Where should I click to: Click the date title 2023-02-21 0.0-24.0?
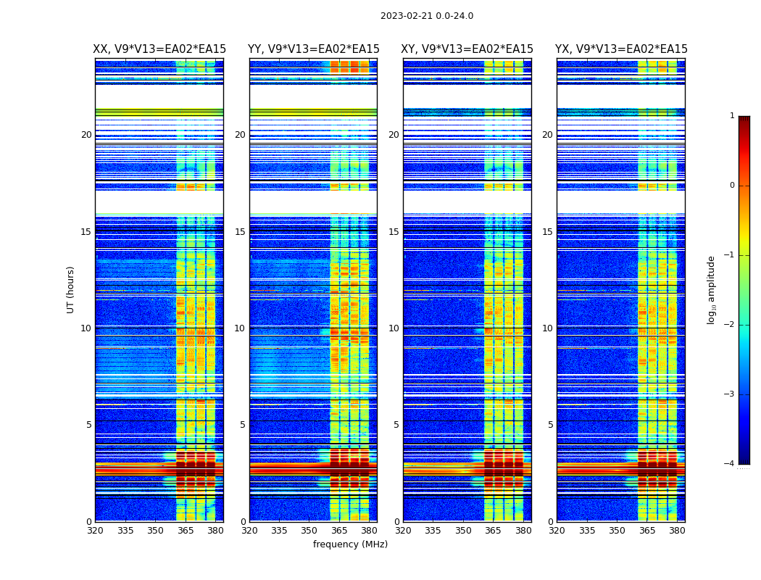[x=427, y=16]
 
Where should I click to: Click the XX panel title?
[x=159, y=49]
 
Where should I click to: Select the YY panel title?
[x=313, y=49]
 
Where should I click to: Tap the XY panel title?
[x=467, y=49]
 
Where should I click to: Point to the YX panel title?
[x=621, y=49]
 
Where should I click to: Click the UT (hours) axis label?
[x=71, y=289]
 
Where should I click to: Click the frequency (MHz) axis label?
[x=350, y=544]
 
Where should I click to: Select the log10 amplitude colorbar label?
[x=712, y=289]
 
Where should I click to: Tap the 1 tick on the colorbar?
[x=731, y=116]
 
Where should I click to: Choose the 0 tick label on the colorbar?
[x=731, y=186]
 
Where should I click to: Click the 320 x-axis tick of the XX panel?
[x=95, y=531]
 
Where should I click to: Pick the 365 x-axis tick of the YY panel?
[x=339, y=531]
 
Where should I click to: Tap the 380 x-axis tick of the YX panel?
[x=677, y=531]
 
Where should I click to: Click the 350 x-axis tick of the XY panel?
[x=463, y=531]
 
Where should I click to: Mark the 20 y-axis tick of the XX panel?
[x=86, y=135]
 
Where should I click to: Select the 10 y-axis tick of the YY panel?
[x=241, y=328]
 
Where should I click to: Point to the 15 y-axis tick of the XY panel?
[x=394, y=232]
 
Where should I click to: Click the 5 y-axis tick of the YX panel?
[x=551, y=425]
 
